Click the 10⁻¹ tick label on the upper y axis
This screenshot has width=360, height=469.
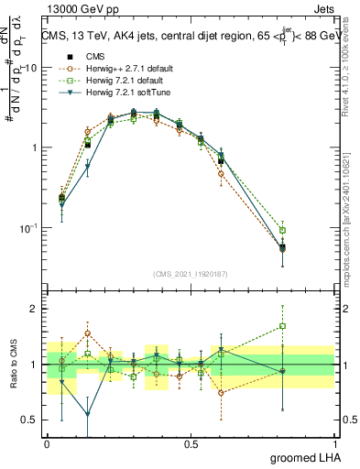(29, 227)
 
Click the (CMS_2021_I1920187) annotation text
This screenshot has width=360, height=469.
(190, 273)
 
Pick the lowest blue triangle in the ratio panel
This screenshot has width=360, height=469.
(87, 414)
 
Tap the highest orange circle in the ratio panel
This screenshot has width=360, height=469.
(87, 333)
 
